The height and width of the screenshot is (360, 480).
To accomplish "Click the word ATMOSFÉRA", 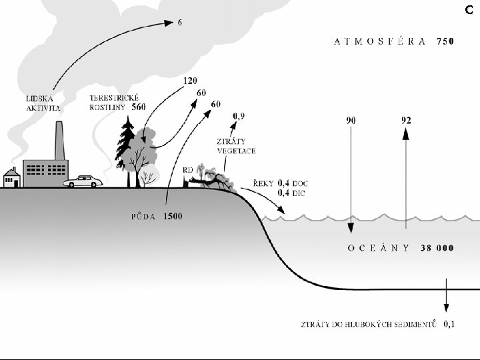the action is point(381,41).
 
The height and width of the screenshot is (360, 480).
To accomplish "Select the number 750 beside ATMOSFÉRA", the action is point(445,41).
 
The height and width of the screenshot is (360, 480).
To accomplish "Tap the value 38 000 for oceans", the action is point(437,248).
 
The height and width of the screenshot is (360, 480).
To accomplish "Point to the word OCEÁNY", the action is point(378,248).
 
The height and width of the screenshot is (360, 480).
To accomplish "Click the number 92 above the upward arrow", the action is point(405,121).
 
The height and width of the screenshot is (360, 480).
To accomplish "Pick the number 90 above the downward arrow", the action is point(351,121).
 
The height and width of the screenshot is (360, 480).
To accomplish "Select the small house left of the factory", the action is point(11,178).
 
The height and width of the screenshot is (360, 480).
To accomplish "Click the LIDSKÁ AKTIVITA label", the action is point(43,103).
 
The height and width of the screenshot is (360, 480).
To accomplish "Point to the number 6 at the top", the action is point(179,23).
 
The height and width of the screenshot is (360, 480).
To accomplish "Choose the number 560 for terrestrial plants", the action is point(138,107).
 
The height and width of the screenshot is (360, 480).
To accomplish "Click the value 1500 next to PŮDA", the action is point(173,216).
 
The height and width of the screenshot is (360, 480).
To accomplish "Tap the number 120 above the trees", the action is point(190,81).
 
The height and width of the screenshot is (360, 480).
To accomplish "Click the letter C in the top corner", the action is point(469,9).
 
